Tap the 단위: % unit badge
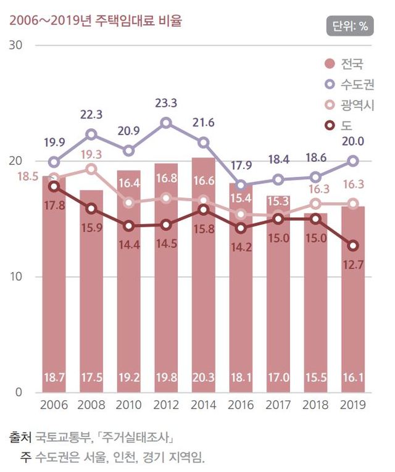point(350,27)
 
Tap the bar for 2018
point(315,302)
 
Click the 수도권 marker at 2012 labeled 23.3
point(166,123)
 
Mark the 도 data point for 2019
point(353,246)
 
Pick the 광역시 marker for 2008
point(91,169)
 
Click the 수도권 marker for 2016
point(241,185)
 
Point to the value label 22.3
point(91,114)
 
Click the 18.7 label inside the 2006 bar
point(54,378)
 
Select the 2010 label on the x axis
point(128,405)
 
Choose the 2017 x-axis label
point(278,405)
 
